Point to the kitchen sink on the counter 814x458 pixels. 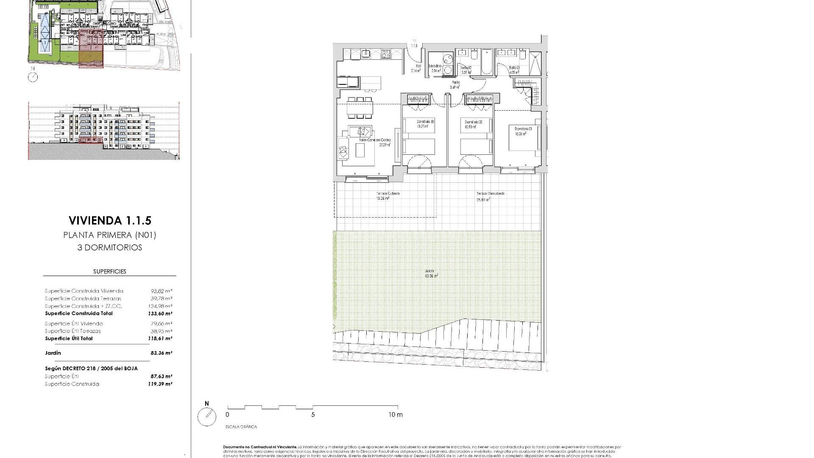tap(365, 54)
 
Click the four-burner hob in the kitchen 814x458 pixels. tap(386, 54)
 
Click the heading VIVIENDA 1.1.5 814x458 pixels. tap(109, 221)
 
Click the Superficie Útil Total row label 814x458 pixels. tap(69, 338)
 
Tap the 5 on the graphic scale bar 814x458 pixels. tap(313, 415)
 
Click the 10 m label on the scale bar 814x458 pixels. tap(395, 415)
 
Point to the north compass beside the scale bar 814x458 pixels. tap(207, 416)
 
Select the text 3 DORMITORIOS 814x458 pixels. tap(109, 248)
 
